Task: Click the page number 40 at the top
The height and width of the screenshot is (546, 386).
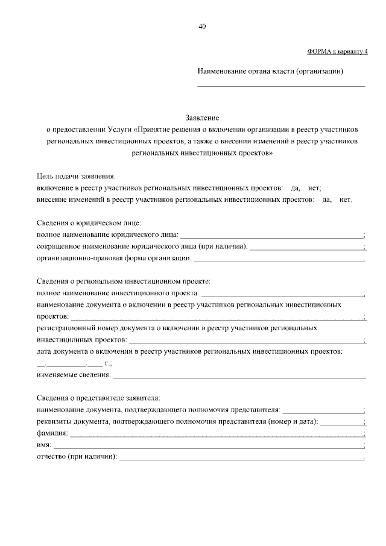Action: click(202, 26)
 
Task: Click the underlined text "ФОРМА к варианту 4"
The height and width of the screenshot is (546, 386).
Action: click(337, 52)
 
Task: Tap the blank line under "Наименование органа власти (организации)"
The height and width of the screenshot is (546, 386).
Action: click(282, 85)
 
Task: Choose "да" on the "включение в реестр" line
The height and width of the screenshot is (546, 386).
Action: click(296, 187)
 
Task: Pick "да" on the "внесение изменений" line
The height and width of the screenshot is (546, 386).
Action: click(327, 199)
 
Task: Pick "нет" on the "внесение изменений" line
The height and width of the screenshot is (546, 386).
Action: click(346, 199)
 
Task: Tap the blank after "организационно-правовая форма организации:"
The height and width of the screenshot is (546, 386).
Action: click(279, 260)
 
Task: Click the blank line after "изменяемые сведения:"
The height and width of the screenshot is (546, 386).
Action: click(239, 377)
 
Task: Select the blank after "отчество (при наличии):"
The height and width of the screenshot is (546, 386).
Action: click(241, 458)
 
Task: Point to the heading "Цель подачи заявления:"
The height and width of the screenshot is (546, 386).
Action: click(75, 176)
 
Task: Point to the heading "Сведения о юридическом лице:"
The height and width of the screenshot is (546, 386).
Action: click(89, 223)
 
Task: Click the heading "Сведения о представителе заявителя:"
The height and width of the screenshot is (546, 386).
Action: click(98, 398)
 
